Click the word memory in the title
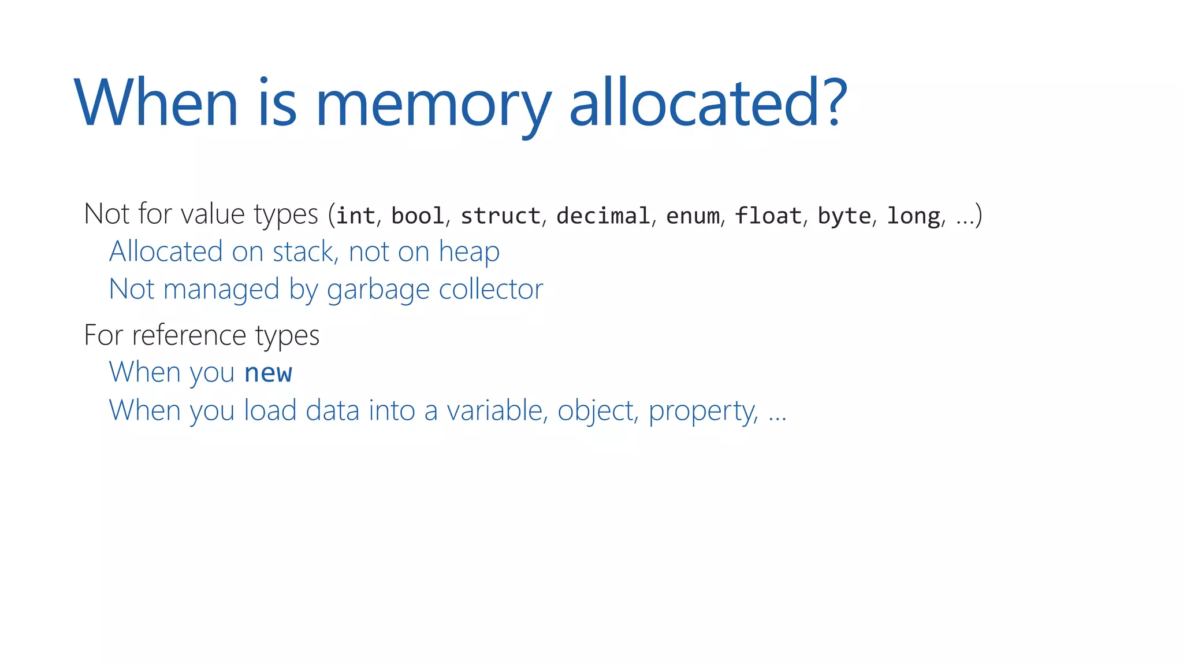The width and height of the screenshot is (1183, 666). [x=433, y=104]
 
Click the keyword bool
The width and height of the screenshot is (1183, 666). [x=418, y=216]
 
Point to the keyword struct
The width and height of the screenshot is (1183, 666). [x=500, y=216]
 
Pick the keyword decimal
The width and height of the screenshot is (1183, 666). [x=603, y=216]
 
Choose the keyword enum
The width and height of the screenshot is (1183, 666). [x=693, y=216]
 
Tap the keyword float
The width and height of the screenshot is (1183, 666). [x=768, y=216]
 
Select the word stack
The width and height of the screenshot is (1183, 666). [x=303, y=251]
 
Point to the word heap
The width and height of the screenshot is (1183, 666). [x=469, y=253]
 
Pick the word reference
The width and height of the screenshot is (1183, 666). [x=189, y=335]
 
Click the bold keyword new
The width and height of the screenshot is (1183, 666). [x=268, y=373]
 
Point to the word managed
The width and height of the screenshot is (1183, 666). [x=221, y=290]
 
